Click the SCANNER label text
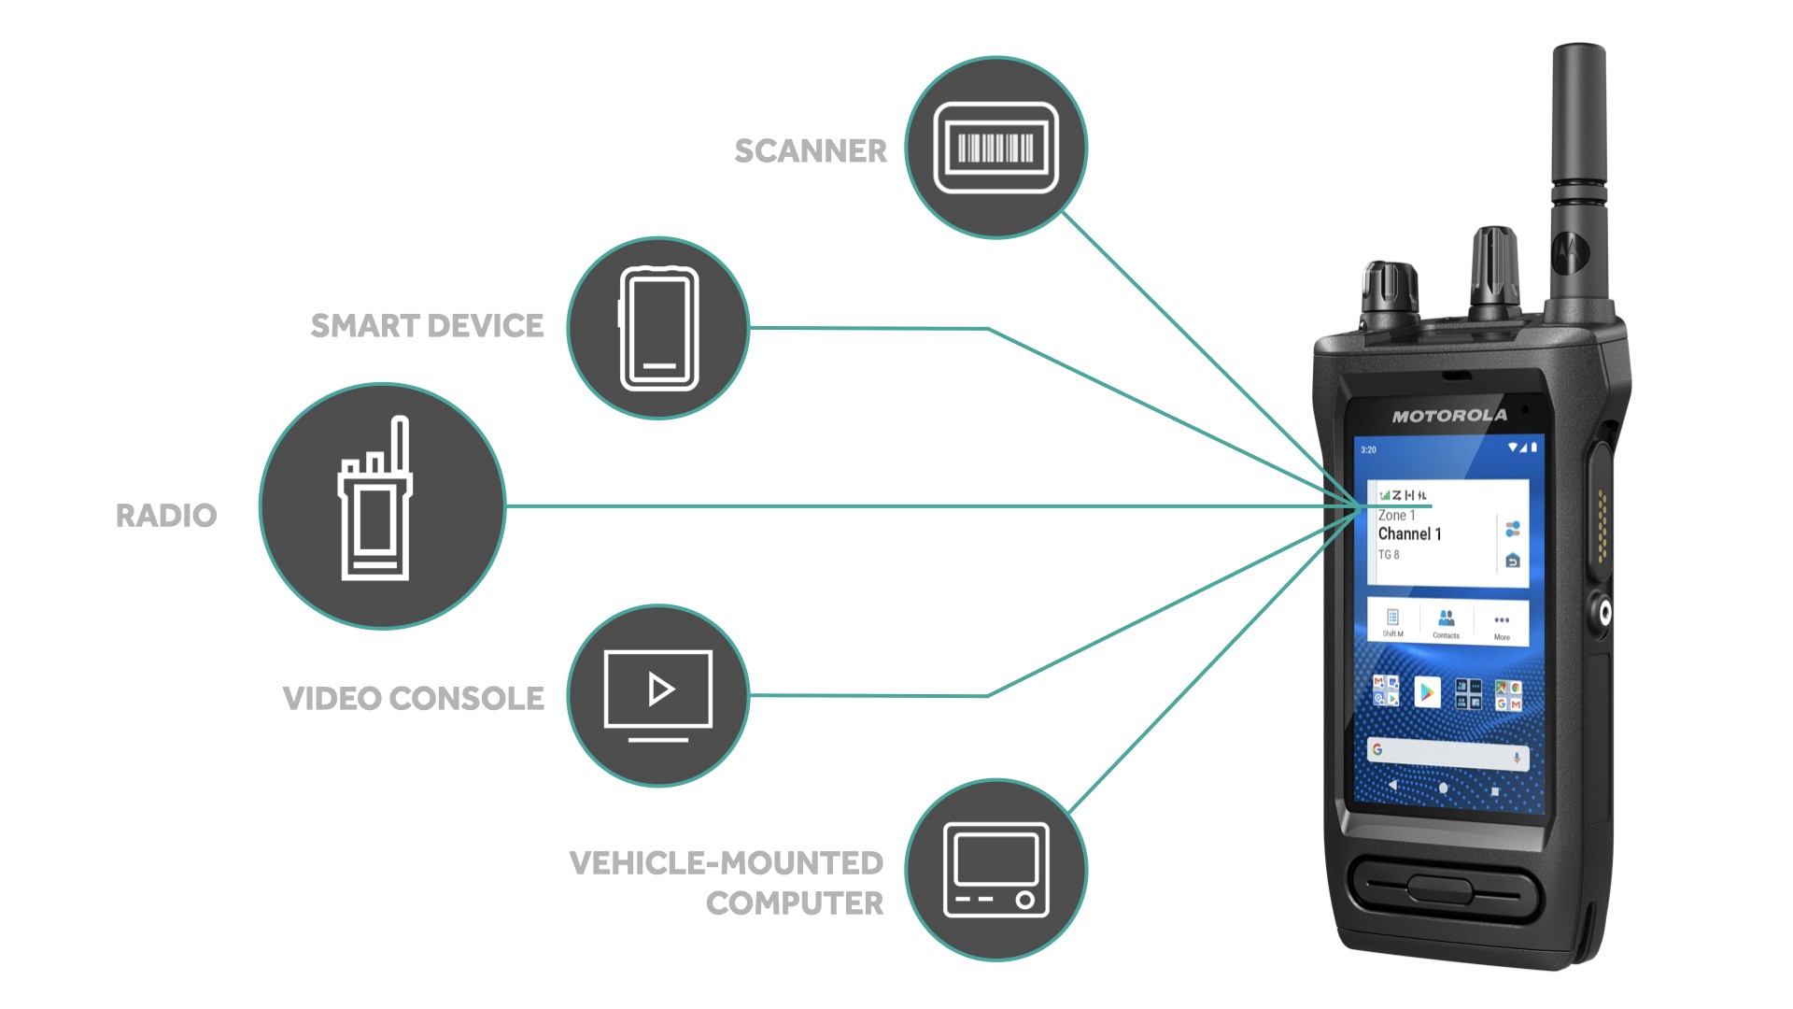point(810,150)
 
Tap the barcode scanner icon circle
point(995,148)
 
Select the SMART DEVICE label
point(427,326)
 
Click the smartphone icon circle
point(657,328)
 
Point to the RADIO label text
point(166,516)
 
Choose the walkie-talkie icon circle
point(382,505)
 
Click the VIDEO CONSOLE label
point(413,699)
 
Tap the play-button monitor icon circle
point(657,695)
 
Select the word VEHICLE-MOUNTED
point(726,863)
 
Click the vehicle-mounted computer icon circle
point(995,870)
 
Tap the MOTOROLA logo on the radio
point(1448,416)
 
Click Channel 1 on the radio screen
point(1409,534)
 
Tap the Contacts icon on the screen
point(1446,621)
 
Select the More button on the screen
point(1501,624)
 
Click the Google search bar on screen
point(1447,751)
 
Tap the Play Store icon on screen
point(1426,692)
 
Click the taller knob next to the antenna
point(1493,271)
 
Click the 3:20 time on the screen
point(1368,450)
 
